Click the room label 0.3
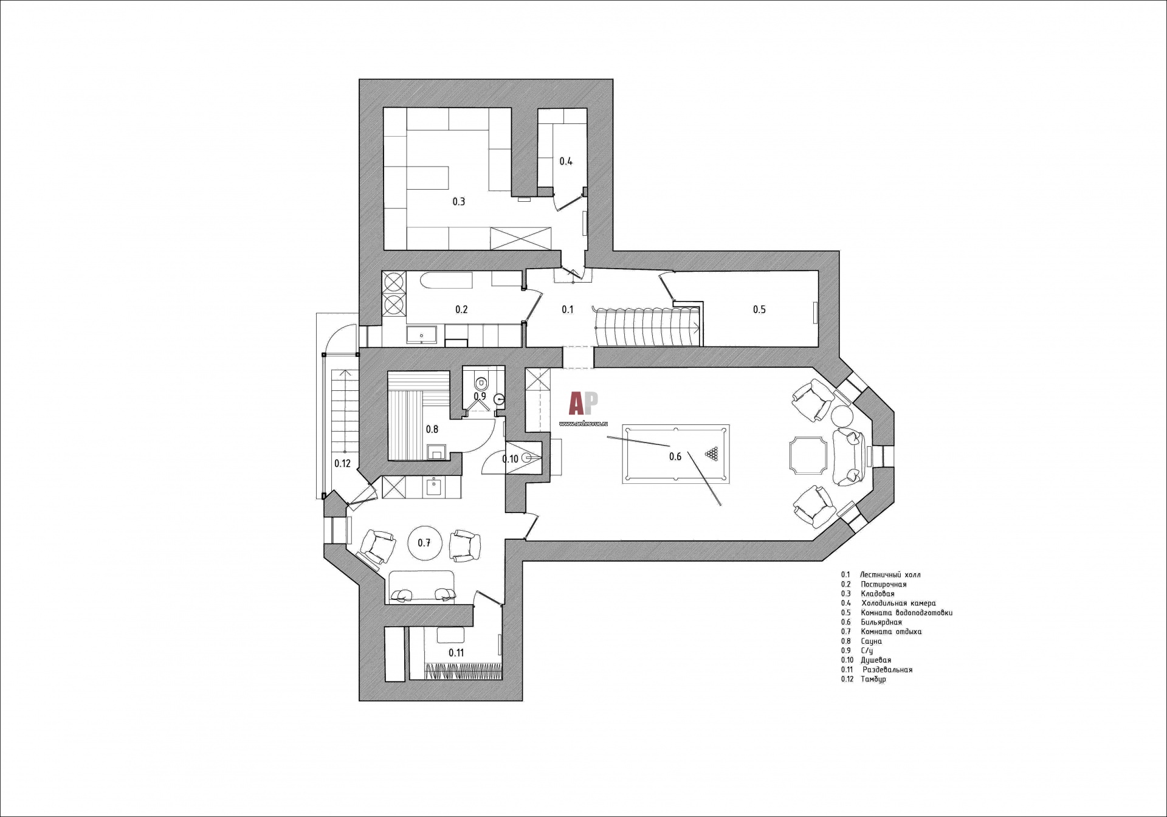pos(459,201)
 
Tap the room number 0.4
pos(566,161)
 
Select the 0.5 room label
pos(759,309)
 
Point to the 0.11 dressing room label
pos(456,653)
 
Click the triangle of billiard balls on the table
pos(712,453)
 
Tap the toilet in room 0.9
pos(481,383)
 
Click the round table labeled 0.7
pos(424,543)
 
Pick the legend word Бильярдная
pos(881,622)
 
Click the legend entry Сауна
pos(871,641)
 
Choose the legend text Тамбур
pos(873,679)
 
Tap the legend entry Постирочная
pos(883,584)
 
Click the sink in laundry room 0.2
pos(421,336)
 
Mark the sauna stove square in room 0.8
pos(436,452)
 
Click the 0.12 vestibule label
pos(342,463)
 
